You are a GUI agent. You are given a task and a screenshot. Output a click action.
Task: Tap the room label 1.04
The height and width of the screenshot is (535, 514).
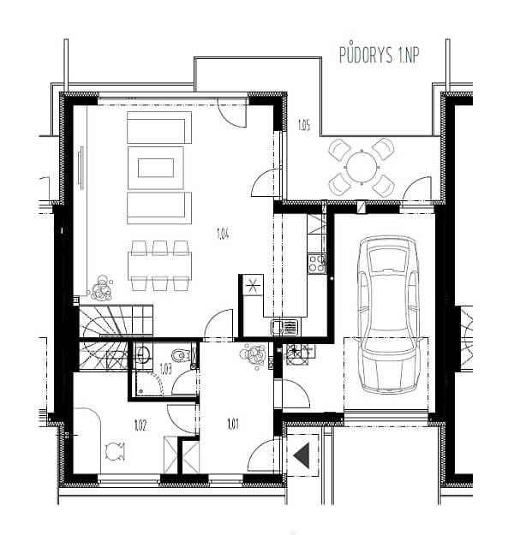point(223,234)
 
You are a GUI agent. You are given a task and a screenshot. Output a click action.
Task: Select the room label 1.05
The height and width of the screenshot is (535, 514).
point(304,126)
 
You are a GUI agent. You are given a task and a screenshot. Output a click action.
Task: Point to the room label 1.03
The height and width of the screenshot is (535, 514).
point(165,370)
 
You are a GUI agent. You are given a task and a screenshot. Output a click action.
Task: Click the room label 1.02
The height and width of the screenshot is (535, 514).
point(140,425)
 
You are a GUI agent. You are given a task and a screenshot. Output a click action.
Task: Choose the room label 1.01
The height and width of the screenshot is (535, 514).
point(233,424)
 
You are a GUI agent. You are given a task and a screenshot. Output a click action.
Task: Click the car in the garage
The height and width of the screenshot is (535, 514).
point(388,314)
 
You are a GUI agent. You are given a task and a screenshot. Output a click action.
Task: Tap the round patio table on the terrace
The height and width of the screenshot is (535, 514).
point(362,168)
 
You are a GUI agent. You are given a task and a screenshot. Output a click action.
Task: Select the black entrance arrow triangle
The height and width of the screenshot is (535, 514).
point(302,455)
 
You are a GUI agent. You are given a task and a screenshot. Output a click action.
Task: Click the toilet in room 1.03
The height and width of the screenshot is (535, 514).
point(181,355)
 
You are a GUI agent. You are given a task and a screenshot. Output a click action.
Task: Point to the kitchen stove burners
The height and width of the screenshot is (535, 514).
point(317,263)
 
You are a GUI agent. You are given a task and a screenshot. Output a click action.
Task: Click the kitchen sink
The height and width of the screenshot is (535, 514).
point(284,328)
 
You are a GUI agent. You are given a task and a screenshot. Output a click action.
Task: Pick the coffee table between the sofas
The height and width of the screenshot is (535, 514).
point(156,168)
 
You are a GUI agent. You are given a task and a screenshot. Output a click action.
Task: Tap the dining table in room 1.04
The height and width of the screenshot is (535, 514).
point(159,266)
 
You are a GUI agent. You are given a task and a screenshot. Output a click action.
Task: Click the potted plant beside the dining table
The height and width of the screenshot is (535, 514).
point(101,288)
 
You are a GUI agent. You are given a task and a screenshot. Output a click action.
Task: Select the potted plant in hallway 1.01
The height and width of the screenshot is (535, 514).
point(254,356)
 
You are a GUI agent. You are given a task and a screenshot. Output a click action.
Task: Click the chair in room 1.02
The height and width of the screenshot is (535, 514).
point(115,451)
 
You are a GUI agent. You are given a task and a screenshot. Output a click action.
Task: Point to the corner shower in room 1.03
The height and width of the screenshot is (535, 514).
point(148,383)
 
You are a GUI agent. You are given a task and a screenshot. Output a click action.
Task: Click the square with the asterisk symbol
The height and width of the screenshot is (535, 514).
point(253,285)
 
